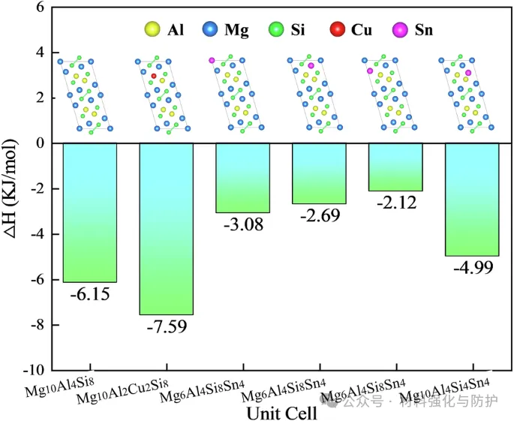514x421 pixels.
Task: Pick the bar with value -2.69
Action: coord(319,173)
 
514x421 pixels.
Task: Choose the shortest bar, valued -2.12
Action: coord(395,167)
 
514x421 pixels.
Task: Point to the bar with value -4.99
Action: coord(472,199)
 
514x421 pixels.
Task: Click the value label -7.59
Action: coord(167,326)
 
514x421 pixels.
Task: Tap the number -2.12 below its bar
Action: coord(395,203)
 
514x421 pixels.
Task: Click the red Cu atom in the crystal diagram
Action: coord(154,76)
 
